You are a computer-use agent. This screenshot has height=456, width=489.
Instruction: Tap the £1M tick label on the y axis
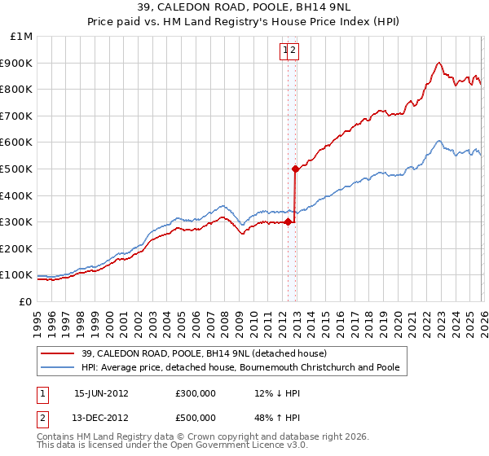point(21,37)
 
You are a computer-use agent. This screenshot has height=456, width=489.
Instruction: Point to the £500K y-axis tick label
point(17,169)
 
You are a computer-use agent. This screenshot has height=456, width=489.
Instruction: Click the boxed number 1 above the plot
point(286,50)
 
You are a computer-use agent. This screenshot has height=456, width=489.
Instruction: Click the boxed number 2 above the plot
point(294,50)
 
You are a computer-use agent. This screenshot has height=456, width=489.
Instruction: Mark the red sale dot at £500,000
point(295,169)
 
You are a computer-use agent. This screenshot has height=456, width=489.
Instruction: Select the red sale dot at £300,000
point(288,221)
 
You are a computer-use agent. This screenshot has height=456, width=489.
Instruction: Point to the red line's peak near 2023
point(438,63)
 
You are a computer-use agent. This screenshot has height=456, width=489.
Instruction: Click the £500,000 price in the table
point(196,419)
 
